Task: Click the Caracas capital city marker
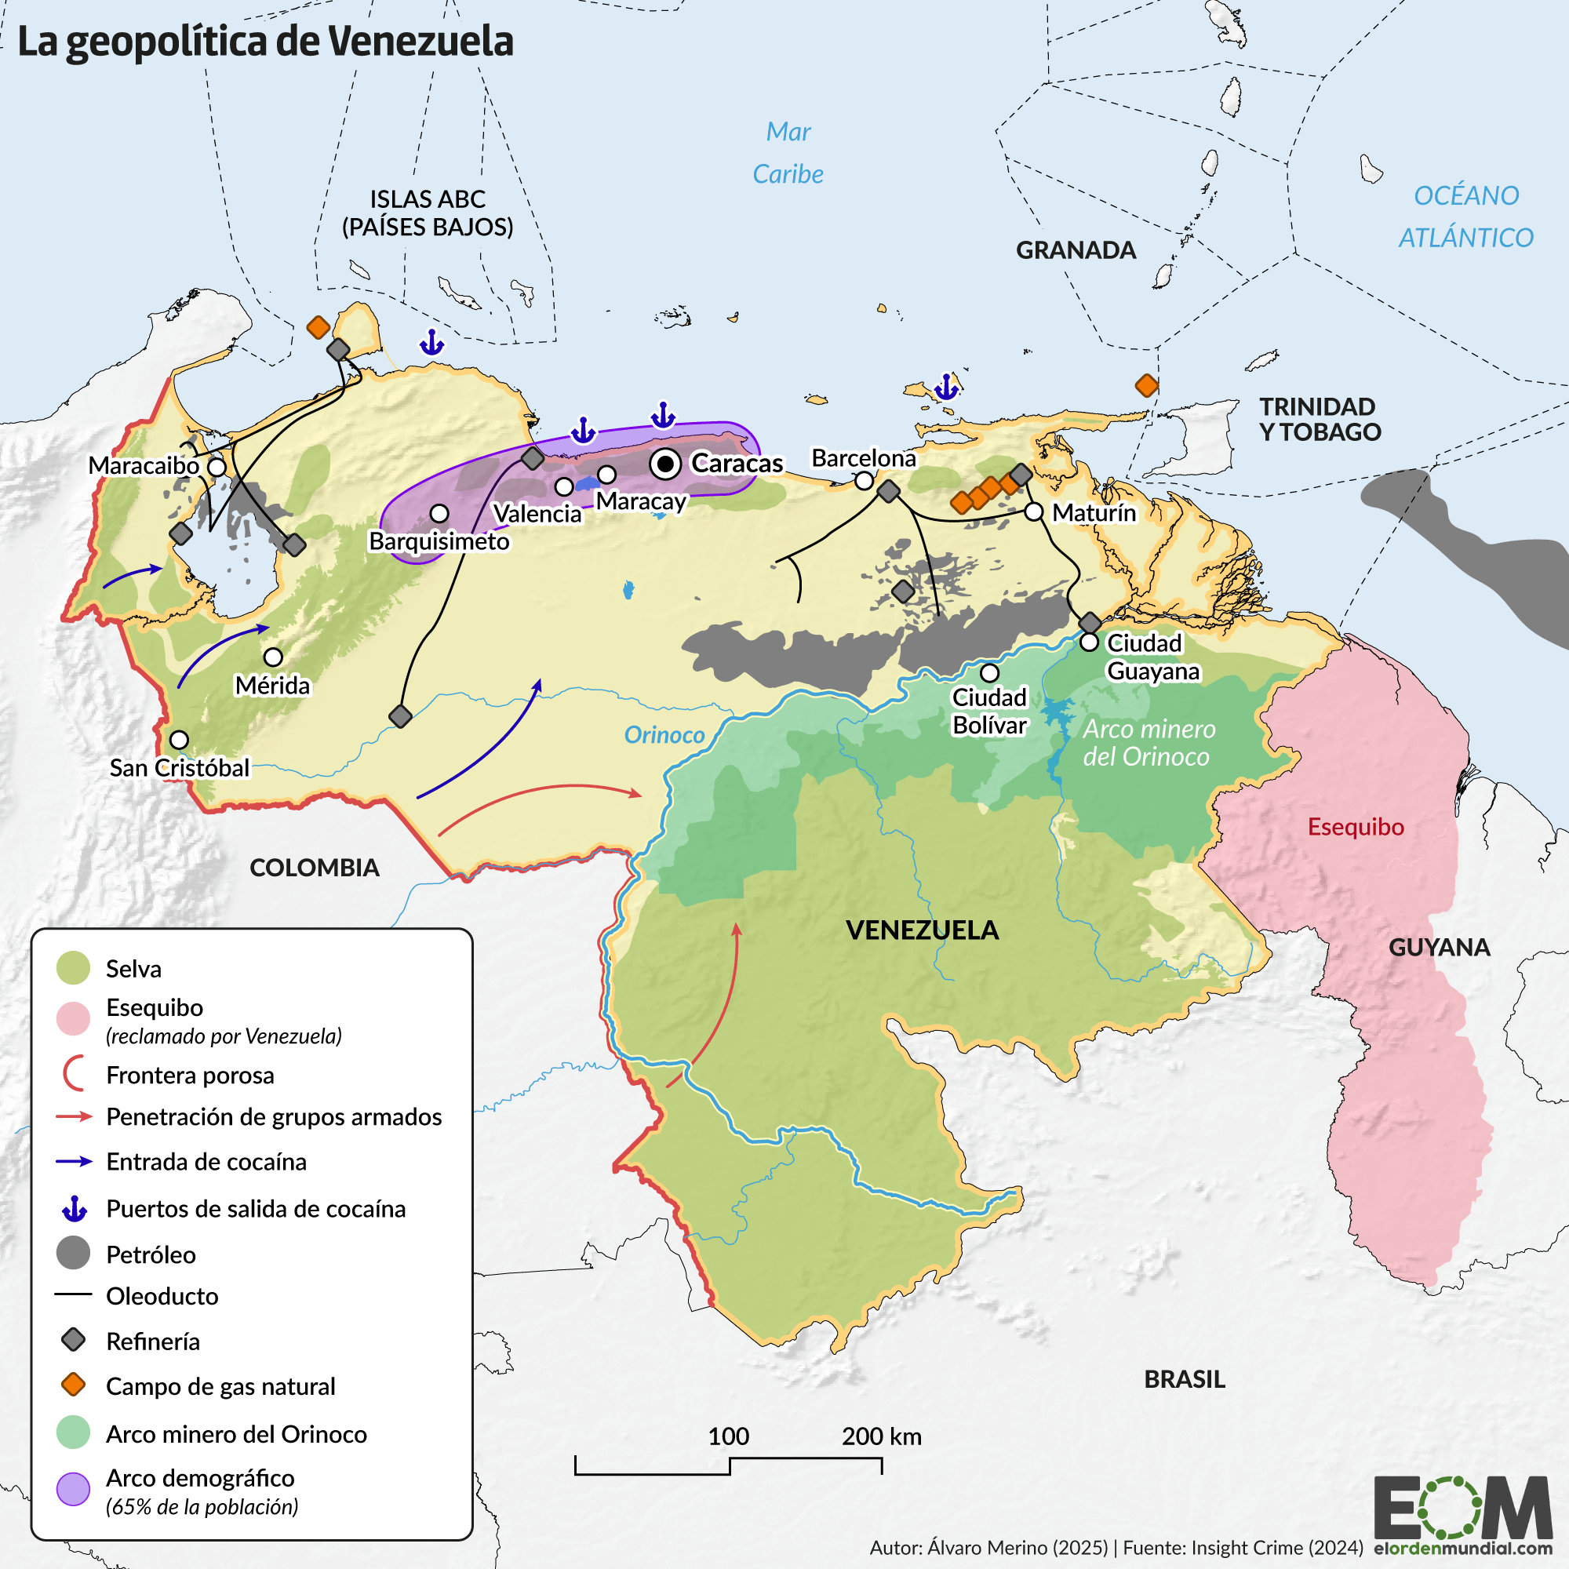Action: click(x=665, y=464)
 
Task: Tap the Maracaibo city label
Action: click(x=144, y=465)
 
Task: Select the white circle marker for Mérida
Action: click(x=273, y=656)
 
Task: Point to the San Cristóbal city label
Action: click(x=180, y=767)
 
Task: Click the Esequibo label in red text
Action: click(x=1355, y=827)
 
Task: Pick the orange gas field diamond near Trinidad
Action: click(x=1146, y=385)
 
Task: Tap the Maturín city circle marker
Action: click(x=1033, y=511)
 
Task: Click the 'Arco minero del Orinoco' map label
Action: click(x=1148, y=742)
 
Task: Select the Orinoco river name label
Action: click(x=664, y=734)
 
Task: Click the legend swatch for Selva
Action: click(x=73, y=968)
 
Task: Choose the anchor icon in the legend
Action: click(x=74, y=1208)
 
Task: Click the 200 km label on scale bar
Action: click(x=881, y=1436)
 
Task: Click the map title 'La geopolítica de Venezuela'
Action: click(x=266, y=42)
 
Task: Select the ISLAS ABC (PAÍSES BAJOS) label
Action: click(x=428, y=213)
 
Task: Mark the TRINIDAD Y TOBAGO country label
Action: click(x=1319, y=419)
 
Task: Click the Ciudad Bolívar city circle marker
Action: click(x=988, y=672)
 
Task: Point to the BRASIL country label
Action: click(x=1184, y=1379)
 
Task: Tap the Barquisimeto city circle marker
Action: click(x=439, y=513)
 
